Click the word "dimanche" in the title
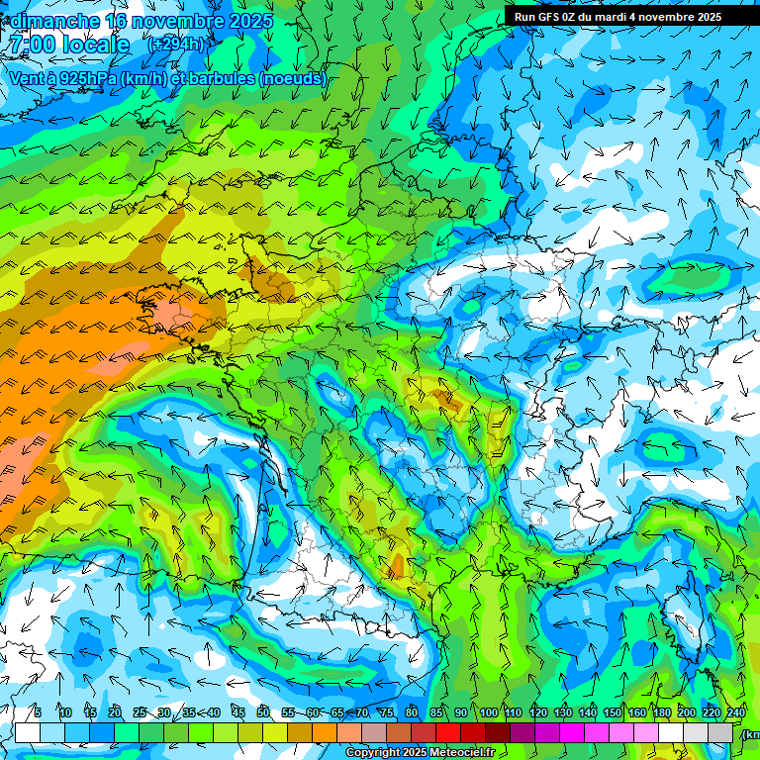point(54,21)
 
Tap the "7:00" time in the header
point(31,45)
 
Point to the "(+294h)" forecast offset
point(176,45)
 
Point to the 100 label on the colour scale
point(488,713)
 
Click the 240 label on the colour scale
point(735,713)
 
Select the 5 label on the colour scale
point(38,713)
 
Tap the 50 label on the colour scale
point(263,713)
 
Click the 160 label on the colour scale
point(636,713)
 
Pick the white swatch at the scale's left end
point(28,732)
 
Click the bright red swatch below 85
point(448,732)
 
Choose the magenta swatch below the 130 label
point(572,732)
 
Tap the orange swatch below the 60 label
point(325,732)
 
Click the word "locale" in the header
point(95,45)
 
